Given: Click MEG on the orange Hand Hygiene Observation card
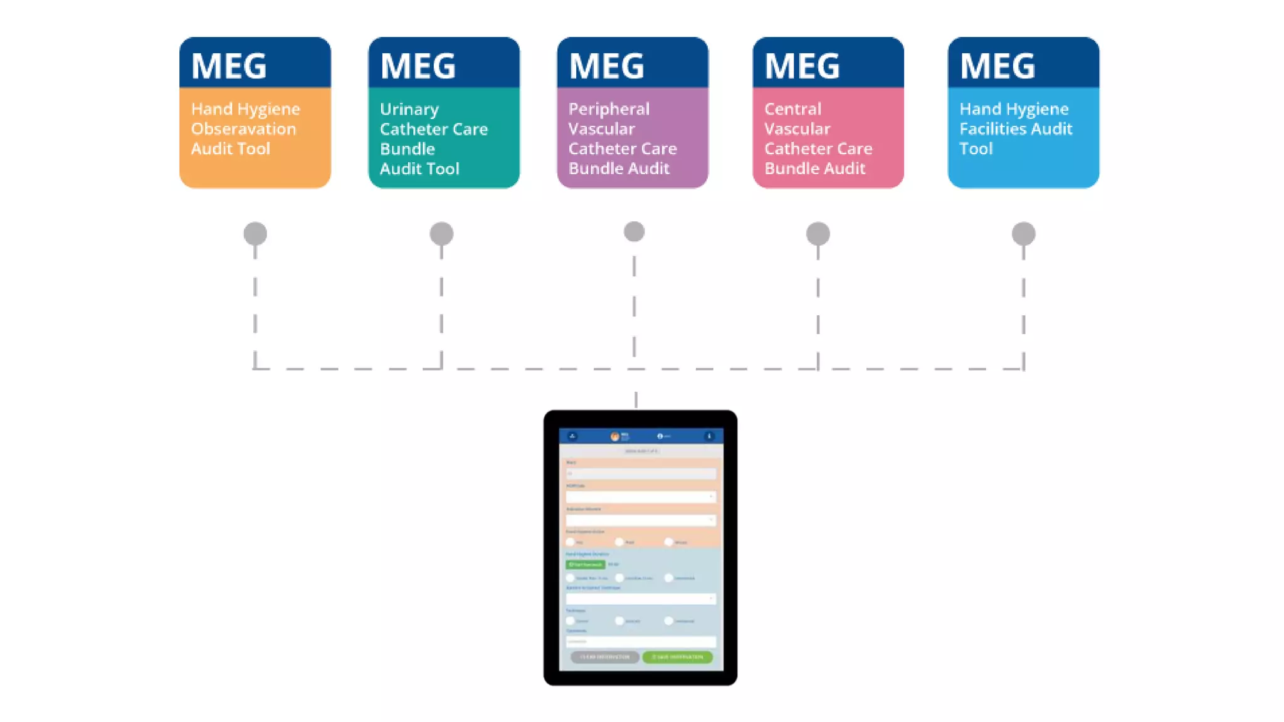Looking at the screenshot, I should tap(229, 66).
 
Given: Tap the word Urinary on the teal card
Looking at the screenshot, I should tap(409, 110).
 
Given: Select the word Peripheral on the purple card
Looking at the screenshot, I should tap(609, 109).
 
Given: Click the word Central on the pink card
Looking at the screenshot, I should tap(792, 109).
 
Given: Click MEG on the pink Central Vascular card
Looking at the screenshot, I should tap(802, 66).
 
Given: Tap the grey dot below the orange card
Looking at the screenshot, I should tap(255, 234).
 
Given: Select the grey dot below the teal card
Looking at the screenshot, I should tap(441, 234).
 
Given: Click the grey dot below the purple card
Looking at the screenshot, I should tap(634, 232).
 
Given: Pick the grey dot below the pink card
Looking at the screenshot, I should tap(818, 234).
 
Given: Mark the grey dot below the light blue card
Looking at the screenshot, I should tap(1023, 234).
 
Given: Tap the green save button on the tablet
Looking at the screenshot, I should tap(677, 657).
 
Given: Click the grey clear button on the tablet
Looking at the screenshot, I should tap(604, 657).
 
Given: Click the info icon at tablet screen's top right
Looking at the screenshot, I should tap(709, 436).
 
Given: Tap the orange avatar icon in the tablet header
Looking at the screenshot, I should tap(614, 436).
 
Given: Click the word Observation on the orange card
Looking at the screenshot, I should tap(243, 129).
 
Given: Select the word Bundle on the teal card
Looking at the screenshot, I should tap(407, 149).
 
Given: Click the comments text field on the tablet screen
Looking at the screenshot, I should tap(640, 641).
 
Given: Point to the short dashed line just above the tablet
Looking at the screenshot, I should tap(636, 399).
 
